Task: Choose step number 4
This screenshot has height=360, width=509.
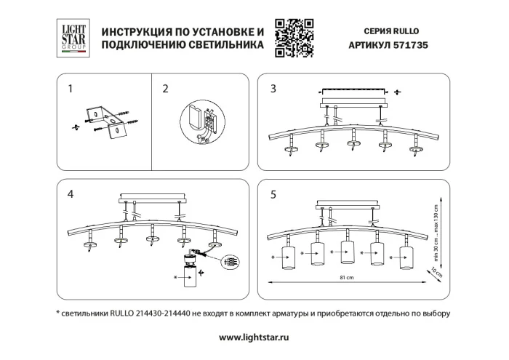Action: pyautogui.click(x=71, y=194)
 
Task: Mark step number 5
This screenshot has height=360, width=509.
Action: pyautogui.click(x=273, y=194)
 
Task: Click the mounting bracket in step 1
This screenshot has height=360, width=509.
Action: pyautogui.click(x=105, y=121)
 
